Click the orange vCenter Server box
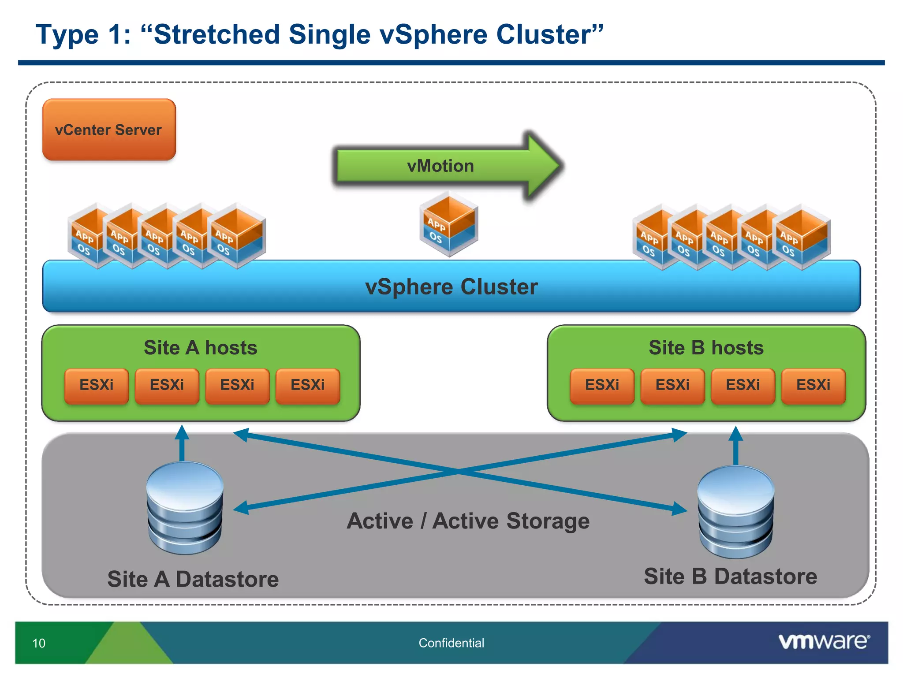109,130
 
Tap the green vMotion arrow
441,166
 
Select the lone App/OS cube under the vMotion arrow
448,225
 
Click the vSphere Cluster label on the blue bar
451,287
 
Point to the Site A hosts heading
200,348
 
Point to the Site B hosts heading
706,348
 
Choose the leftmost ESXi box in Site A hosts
96,385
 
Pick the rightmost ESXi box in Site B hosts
813,385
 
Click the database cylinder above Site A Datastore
185,507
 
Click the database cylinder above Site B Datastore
735,511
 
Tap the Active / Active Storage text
468,521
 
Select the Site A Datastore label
193,579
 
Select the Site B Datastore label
730,577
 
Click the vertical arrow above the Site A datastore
182,443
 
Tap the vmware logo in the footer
824,641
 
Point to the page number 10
39,643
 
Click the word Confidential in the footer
451,643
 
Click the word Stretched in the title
217,34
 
